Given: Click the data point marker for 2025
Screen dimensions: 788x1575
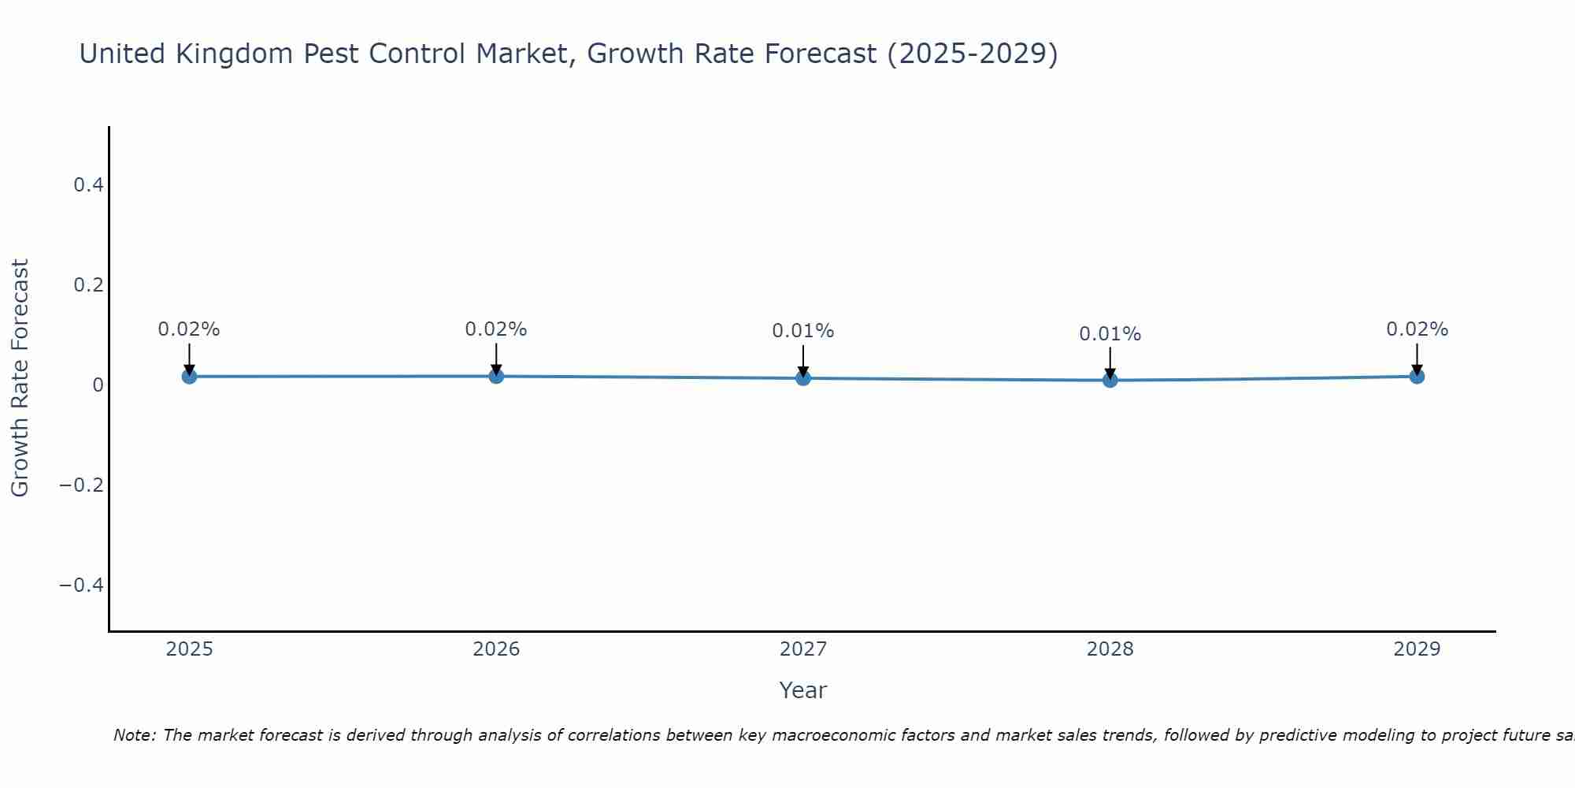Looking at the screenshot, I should pyautogui.click(x=189, y=377).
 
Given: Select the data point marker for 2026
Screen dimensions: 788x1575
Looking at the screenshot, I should pyautogui.click(x=496, y=377).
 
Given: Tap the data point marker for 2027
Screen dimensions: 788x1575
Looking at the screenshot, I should pyautogui.click(x=803, y=378).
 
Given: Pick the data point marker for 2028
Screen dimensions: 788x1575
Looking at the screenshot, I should pyautogui.click(x=1110, y=380).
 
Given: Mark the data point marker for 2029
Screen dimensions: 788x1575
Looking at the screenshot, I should pyautogui.click(x=1417, y=377).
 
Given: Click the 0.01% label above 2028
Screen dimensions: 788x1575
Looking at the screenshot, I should pyautogui.click(x=1110, y=334).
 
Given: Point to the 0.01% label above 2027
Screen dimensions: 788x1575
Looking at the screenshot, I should pyautogui.click(x=802, y=331).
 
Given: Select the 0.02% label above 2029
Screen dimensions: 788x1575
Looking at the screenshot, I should pyautogui.click(x=1417, y=329).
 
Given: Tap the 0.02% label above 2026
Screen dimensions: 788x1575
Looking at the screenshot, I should pyautogui.click(x=495, y=329).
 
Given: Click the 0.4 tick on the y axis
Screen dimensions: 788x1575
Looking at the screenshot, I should pyautogui.click(x=88, y=185).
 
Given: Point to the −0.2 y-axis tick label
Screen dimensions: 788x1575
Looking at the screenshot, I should pyautogui.click(x=81, y=485).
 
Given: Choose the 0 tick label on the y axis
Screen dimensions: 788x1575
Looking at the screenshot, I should pyautogui.click(x=98, y=385).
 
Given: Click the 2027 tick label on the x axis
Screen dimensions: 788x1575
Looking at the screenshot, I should pyautogui.click(x=803, y=649).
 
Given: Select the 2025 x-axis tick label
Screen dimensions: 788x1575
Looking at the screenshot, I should pyautogui.click(x=190, y=649).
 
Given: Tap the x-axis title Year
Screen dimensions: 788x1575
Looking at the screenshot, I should pyautogui.click(x=802, y=690).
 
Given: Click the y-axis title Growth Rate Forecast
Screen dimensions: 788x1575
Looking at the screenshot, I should pyautogui.click(x=20, y=378).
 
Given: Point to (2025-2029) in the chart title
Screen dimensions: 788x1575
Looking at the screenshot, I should pyautogui.click(x=973, y=54).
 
